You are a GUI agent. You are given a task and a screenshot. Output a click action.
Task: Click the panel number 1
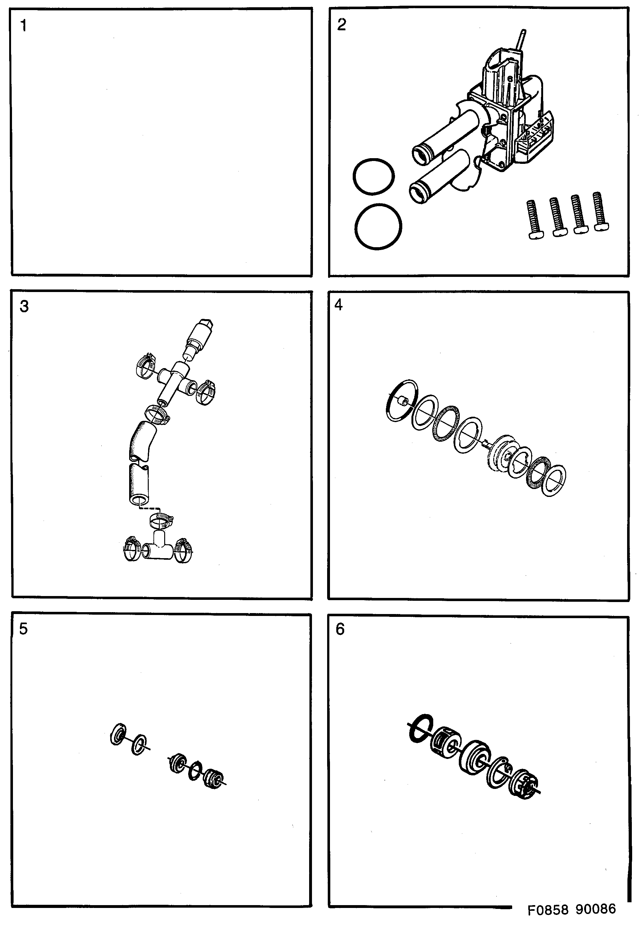tap(24, 26)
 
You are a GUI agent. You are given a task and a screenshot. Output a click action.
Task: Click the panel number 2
tap(341, 25)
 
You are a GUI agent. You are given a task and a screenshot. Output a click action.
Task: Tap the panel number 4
tap(338, 305)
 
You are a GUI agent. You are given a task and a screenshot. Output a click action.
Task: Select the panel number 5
tap(23, 629)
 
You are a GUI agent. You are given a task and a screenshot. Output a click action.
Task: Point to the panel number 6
tap(340, 629)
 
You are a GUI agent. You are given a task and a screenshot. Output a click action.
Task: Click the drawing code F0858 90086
tap(571, 909)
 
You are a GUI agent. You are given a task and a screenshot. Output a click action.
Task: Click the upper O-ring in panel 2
tap(374, 177)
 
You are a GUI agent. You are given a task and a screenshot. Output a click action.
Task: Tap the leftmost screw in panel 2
tap(535, 220)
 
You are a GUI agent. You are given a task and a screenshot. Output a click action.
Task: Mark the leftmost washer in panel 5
tap(118, 734)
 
